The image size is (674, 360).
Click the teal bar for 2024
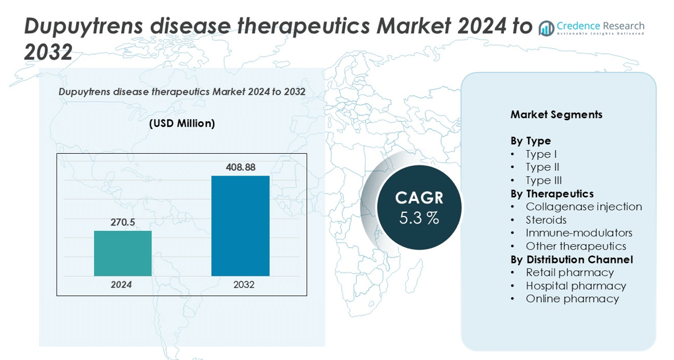[x=122, y=253]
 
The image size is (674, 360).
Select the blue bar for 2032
[x=240, y=226]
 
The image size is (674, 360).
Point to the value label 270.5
[x=122, y=223]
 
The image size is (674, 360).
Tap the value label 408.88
[x=240, y=167]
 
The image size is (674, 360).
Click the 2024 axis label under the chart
[x=122, y=285]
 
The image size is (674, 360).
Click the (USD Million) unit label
[x=182, y=124]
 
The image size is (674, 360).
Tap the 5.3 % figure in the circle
[x=419, y=218]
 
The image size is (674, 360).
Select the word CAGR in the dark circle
[x=419, y=198]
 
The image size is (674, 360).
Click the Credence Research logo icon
[x=547, y=28]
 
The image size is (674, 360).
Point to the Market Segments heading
[x=556, y=115]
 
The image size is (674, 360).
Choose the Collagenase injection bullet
[x=583, y=207]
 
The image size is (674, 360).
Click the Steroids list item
[x=546, y=220]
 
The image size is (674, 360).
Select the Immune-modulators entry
[x=579, y=233]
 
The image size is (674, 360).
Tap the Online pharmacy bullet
[x=572, y=299]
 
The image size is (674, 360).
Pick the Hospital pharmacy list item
[x=576, y=286]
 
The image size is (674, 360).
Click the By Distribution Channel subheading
[x=571, y=259]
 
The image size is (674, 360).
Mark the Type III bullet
[x=543, y=180]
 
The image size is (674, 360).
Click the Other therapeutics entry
[x=576, y=246]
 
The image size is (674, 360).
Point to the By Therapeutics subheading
[x=552, y=194]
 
